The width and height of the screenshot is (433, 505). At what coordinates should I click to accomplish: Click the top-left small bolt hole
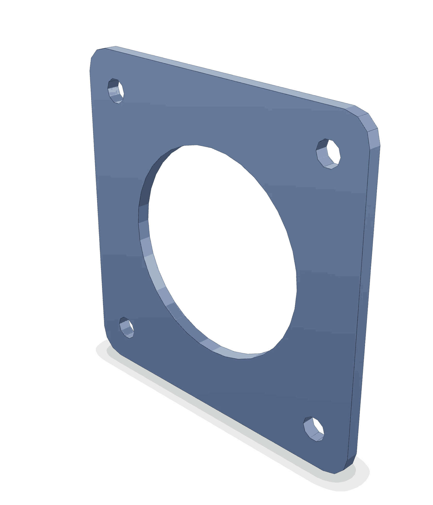pos(116,91)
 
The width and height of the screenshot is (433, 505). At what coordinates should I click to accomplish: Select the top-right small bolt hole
pos(328,154)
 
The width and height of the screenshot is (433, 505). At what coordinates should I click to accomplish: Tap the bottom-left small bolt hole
pos(127,327)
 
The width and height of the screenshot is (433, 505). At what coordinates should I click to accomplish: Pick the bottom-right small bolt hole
pos(314,429)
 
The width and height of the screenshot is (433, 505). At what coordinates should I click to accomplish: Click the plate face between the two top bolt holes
pos(219,116)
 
